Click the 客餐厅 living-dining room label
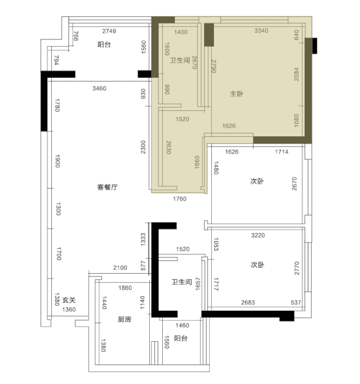pos(108,187)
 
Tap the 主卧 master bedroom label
pos(237,93)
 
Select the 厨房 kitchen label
pos(125,319)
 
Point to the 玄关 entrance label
pos(69,300)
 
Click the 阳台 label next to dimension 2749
pos(104,44)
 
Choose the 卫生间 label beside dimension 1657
pos(181,282)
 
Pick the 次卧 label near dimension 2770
pos(257,265)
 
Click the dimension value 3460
pos(99,88)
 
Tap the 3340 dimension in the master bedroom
pos(261,30)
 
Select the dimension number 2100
pos(120,267)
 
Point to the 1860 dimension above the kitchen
pos(125,288)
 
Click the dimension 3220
pos(258,235)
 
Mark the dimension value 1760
pos(180,199)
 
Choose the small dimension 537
pos(296,302)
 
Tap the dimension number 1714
pos(282,152)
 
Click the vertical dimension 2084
pos(296,74)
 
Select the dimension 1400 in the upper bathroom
pos(181,32)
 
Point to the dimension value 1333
pos(143,239)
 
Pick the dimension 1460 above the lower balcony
pos(183,325)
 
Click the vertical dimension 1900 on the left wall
pos(57,161)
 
